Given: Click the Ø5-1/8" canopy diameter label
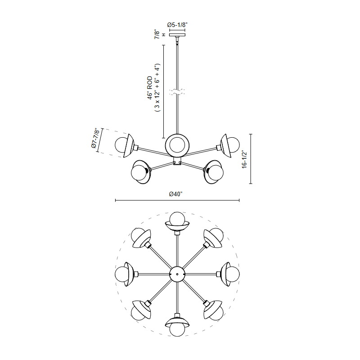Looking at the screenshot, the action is click(x=177, y=25).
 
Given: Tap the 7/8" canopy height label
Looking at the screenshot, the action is click(x=157, y=34).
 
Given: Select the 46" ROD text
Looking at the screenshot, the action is click(x=150, y=88).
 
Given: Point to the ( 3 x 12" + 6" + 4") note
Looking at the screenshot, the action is click(x=157, y=88).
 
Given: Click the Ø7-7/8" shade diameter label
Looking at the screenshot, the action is click(x=95, y=138).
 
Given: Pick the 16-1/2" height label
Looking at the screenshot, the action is click(x=244, y=160).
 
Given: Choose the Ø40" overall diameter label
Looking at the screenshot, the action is click(x=175, y=194).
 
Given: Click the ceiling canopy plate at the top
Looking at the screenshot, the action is click(x=177, y=35).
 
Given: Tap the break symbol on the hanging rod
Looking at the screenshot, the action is click(x=177, y=92).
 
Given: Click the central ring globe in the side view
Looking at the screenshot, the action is click(x=177, y=145).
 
